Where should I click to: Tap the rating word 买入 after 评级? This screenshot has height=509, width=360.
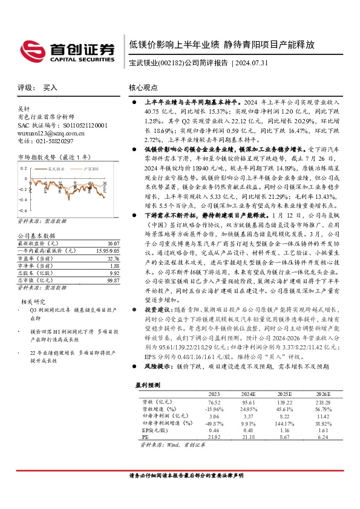(50, 88)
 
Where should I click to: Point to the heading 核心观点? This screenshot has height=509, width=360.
(143, 88)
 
